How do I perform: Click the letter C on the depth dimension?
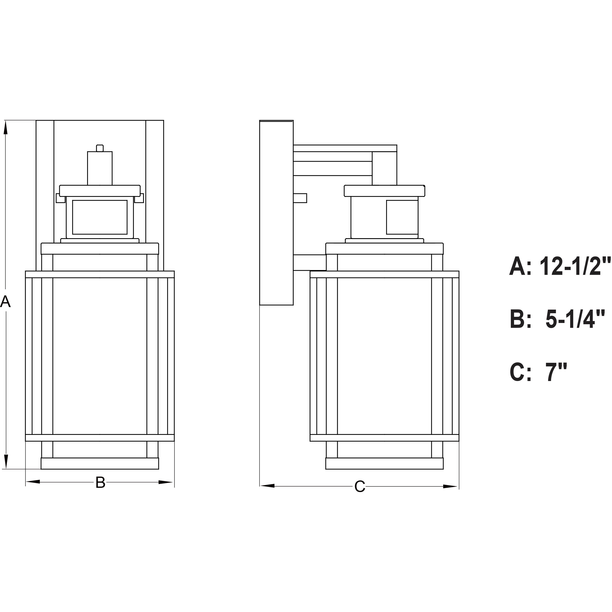[360, 487]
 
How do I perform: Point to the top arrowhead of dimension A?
[5, 128]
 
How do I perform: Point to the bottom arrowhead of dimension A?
[5, 461]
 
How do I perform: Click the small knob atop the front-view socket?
[100, 148]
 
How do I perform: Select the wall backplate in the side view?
[276, 212]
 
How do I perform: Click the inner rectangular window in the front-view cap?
[100, 217]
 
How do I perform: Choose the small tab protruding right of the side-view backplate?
[300, 198]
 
